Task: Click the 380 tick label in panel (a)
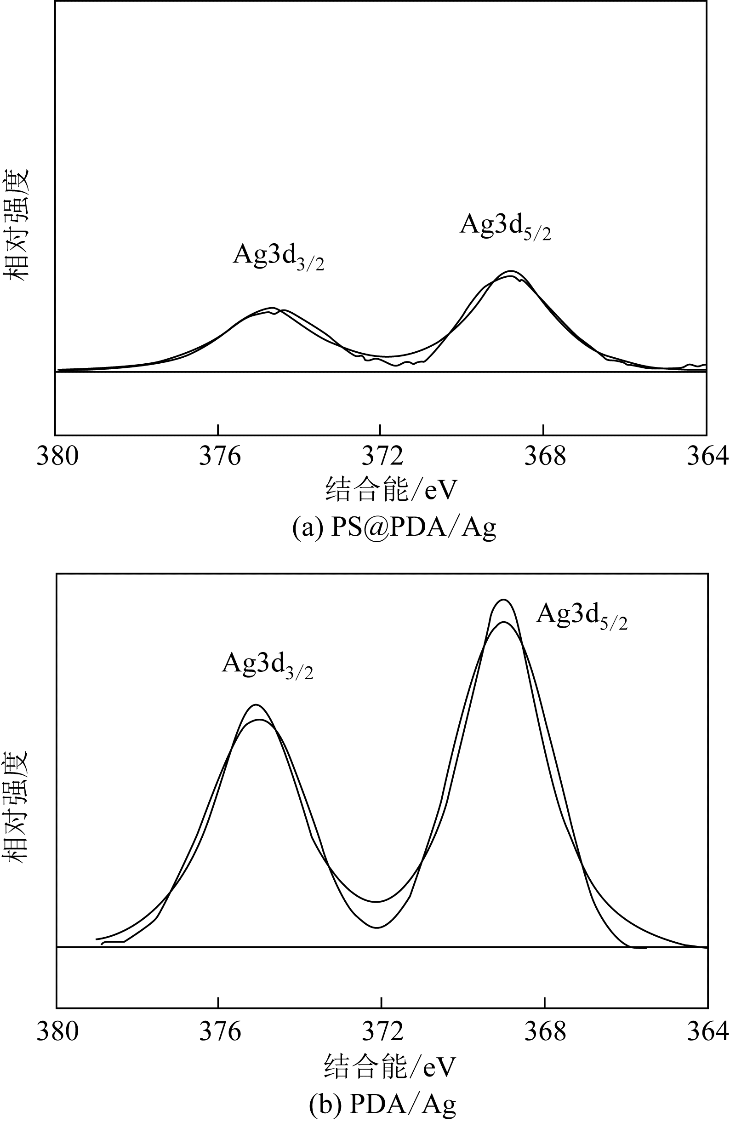pyautogui.click(x=57, y=456)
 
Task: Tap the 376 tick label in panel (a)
pyautogui.click(x=220, y=456)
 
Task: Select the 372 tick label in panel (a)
pyautogui.click(x=382, y=456)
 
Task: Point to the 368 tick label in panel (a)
pyautogui.click(x=545, y=456)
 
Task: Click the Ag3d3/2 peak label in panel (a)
pyautogui.click(x=278, y=257)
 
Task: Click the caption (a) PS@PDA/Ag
pyautogui.click(x=394, y=527)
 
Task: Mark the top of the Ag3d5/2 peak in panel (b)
pyautogui.click(x=504, y=600)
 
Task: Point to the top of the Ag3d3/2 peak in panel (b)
pyautogui.click(x=256, y=705)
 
